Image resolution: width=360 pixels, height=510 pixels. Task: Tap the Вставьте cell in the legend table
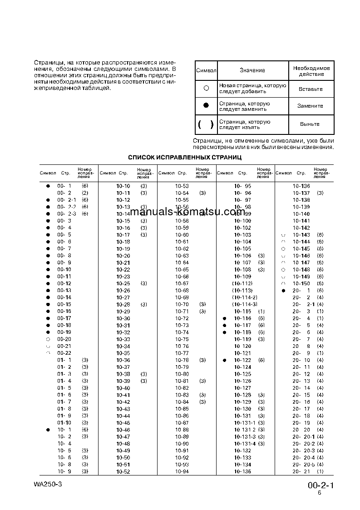click(311, 89)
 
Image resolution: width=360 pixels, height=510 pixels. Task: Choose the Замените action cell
click(311, 106)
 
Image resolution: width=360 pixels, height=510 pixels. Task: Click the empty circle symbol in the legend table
click(206, 89)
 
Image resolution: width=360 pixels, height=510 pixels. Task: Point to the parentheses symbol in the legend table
click(206, 124)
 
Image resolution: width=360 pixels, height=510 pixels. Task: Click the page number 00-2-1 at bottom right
click(320, 485)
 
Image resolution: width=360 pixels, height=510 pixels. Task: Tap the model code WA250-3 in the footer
click(47, 484)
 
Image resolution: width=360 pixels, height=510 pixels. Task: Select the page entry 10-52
click(123, 472)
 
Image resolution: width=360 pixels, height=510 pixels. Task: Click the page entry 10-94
click(182, 472)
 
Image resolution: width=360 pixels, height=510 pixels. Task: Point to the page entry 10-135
click(242, 472)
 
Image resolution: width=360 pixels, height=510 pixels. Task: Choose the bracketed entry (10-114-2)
click(244, 297)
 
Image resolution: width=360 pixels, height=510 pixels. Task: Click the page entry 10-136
click(301, 186)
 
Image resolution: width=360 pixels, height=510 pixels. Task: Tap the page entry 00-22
click(64, 353)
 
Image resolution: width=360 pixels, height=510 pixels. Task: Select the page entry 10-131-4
click(245, 444)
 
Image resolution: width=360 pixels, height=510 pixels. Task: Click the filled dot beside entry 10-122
click(224, 360)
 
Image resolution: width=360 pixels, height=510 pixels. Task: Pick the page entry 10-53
click(182, 186)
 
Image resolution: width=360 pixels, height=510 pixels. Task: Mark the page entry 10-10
click(123, 186)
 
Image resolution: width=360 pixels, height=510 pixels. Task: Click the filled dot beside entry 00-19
click(48, 332)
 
